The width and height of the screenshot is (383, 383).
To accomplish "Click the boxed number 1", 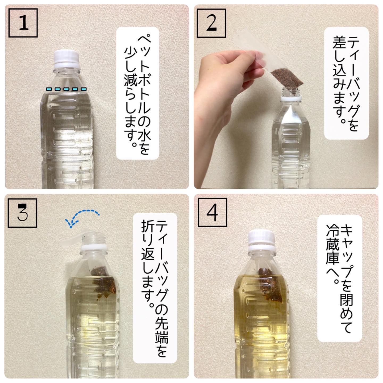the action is pyautogui.click(x=23, y=23).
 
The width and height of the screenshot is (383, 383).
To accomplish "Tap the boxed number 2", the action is pyautogui.click(x=211, y=23).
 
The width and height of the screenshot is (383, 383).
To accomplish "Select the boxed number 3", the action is pyautogui.click(x=22, y=213).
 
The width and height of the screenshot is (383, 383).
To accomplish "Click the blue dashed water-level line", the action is pyautogui.click(x=66, y=89).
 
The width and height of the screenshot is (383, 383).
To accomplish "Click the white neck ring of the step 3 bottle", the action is pyautogui.click(x=94, y=248).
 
